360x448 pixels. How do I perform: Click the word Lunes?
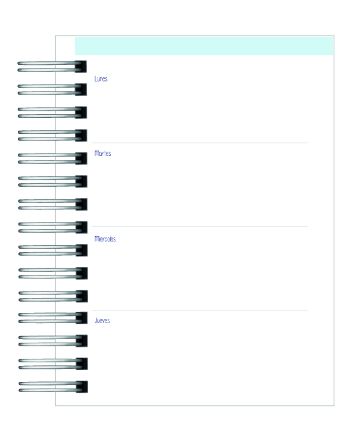[101, 79]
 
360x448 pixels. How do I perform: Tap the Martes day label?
[102, 153]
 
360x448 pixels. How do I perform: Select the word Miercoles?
[105, 239]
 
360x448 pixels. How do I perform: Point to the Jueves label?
[102, 321]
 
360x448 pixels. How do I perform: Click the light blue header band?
[204, 46]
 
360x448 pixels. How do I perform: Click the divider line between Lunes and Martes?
[200, 143]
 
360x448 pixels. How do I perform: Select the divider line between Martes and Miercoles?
[200, 226]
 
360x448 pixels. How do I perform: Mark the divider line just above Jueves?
[200, 310]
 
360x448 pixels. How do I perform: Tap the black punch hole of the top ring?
[81, 67]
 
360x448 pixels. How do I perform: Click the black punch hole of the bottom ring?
[82, 387]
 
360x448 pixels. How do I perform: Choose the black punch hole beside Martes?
[82, 159]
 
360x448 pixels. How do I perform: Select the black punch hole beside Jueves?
[82, 318]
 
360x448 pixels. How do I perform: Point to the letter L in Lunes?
[96, 79]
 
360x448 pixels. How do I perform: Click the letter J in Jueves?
[96, 321]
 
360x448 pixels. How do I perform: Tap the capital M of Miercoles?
[96, 239]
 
